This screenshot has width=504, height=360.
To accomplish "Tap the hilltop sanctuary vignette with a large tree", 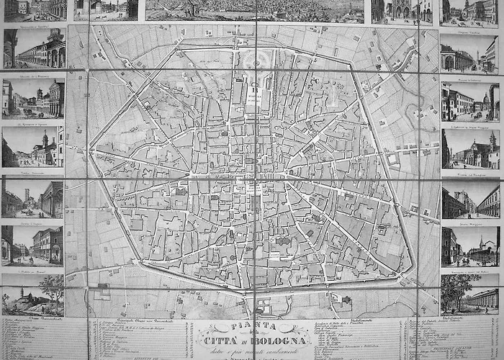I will pyautogui.click(x=32, y=295).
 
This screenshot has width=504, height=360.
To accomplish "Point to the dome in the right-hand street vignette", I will pyautogui.click(x=495, y=92).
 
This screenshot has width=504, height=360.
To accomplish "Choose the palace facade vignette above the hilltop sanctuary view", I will pyautogui.click(x=32, y=245).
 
